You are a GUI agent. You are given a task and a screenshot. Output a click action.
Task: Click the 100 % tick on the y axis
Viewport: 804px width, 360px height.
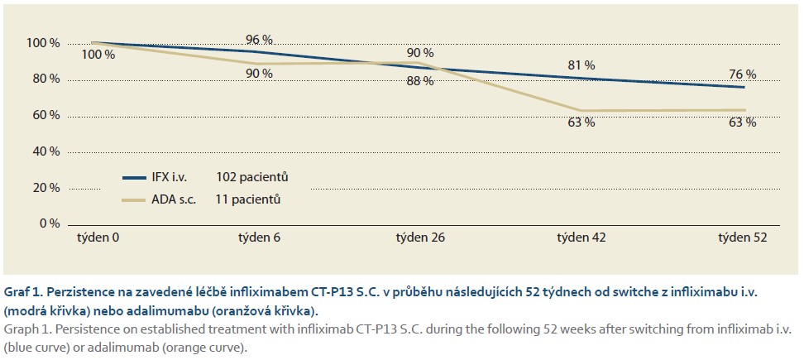click(43, 43)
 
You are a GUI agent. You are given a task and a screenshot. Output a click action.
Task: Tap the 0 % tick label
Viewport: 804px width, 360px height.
click(49, 223)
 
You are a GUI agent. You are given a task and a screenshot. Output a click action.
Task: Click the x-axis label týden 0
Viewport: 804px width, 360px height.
click(98, 238)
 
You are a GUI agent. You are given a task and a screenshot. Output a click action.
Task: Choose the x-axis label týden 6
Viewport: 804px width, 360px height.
click(259, 238)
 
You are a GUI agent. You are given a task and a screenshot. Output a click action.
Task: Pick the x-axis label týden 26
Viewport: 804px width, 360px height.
click(421, 238)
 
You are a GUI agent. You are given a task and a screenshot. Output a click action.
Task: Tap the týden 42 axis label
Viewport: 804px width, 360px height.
click(583, 238)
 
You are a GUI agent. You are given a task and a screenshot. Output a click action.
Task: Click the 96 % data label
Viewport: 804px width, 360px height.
click(259, 40)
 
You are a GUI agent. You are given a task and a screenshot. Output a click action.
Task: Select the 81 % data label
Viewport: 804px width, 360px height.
click(581, 65)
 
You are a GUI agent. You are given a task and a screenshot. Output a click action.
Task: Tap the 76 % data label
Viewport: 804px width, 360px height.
click(742, 74)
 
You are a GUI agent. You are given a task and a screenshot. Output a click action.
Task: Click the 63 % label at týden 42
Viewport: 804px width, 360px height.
click(581, 122)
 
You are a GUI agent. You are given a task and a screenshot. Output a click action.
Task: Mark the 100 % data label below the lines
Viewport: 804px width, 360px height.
click(98, 55)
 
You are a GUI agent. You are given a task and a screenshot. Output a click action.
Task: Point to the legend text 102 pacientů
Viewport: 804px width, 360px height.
click(252, 177)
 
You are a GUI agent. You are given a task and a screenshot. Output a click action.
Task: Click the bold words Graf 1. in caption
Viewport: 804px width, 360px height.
click(23, 293)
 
